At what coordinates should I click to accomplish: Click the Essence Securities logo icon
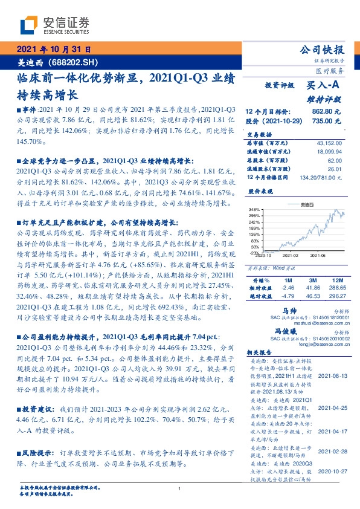[x=30, y=25]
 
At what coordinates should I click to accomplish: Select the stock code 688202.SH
[x=76, y=62]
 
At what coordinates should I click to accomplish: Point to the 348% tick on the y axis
[x=254, y=209]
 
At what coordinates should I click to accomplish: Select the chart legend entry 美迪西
[x=307, y=205]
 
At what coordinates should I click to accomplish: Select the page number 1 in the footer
[x=180, y=489]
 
